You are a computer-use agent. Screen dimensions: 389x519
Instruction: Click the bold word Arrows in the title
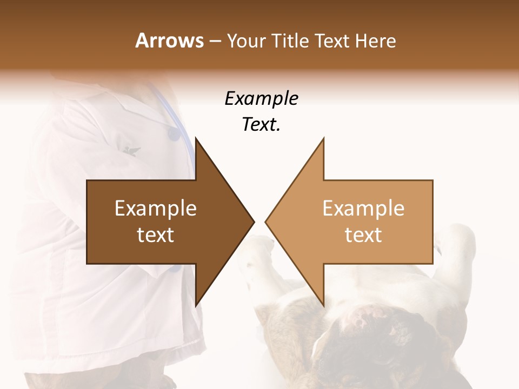(x=170, y=41)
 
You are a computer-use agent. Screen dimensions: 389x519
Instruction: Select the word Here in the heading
(x=375, y=41)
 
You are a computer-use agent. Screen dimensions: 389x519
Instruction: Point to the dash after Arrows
(x=214, y=41)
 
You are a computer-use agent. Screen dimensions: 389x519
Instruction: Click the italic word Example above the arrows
(x=261, y=99)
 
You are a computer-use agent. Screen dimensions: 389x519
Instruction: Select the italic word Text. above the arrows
(x=261, y=125)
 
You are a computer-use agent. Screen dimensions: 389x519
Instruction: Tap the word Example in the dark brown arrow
(x=156, y=209)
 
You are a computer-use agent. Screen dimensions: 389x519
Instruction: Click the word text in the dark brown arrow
(x=156, y=235)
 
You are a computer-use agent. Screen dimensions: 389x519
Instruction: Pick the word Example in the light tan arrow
(x=363, y=209)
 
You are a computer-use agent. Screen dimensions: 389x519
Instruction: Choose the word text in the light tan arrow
(x=363, y=235)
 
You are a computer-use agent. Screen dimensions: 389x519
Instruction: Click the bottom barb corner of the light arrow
(x=323, y=305)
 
